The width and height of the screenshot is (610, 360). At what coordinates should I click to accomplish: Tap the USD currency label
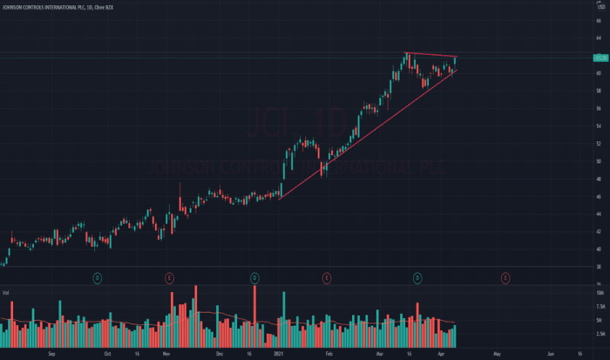600,9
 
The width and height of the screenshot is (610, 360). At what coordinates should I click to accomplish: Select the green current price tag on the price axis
600,58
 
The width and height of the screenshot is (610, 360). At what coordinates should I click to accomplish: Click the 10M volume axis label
599,294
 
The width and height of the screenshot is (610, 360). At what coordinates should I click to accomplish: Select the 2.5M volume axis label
599,334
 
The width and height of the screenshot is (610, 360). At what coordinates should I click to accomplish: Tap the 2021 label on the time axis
279,355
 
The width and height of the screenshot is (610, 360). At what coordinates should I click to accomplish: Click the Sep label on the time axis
51,355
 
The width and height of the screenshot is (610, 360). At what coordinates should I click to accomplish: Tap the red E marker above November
168,278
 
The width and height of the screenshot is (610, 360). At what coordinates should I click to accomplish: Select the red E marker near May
505,278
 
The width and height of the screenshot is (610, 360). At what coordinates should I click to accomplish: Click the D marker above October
98,278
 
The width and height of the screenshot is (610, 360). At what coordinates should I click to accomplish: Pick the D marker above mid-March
417,278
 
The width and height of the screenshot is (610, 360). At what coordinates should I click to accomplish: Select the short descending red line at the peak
431,56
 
